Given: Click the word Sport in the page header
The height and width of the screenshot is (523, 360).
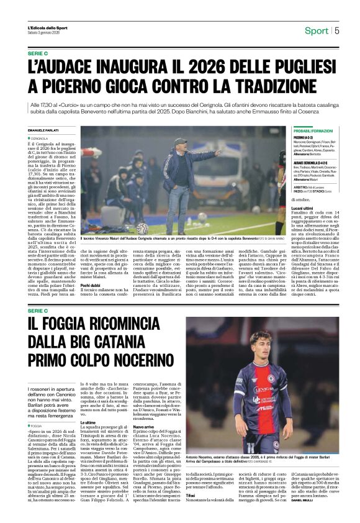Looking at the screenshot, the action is click(x=317, y=30).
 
